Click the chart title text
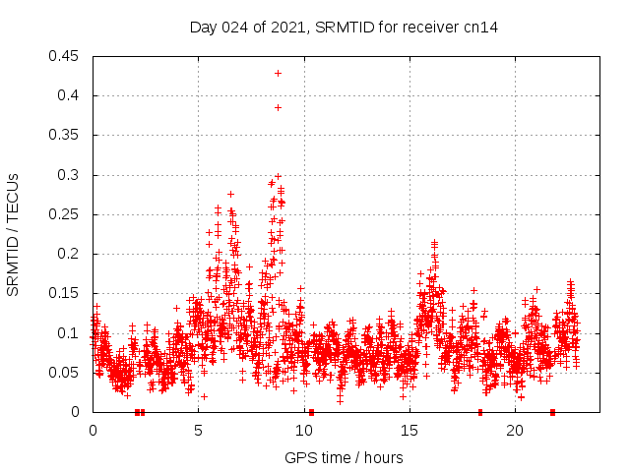[x=344, y=27]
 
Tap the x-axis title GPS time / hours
[x=344, y=457]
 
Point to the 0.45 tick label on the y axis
[x=66, y=56]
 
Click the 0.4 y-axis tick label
[x=70, y=95]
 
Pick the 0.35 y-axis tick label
[x=66, y=136]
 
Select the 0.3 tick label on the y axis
[x=70, y=175]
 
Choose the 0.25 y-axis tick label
[x=66, y=214]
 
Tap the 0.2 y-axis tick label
[x=70, y=254]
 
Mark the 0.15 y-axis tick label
[x=66, y=294]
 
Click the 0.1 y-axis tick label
[x=70, y=333]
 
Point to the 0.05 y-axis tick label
[x=66, y=373]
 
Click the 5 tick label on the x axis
[x=198, y=431]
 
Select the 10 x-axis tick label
[x=303, y=431]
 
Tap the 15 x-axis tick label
[x=409, y=431]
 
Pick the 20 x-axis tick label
[x=514, y=431]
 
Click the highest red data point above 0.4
[x=278, y=73]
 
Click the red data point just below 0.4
[x=278, y=107]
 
